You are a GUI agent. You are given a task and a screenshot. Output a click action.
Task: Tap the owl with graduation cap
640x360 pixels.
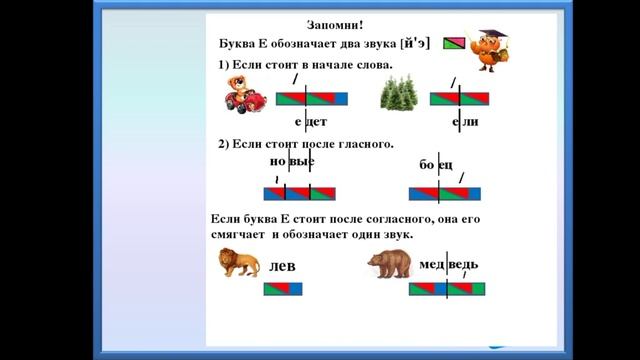point(491,50)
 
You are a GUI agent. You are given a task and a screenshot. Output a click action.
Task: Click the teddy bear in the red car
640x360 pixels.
point(244,93)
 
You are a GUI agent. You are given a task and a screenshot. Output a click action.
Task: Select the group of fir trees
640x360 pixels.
point(402,96)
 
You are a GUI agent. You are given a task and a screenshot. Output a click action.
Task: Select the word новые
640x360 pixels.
point(292,161)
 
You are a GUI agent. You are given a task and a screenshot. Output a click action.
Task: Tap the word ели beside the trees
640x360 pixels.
point(466,122)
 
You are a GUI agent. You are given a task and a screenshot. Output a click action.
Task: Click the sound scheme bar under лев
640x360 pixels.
point(282,289)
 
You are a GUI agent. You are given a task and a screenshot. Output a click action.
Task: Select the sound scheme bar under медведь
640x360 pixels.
point(447,289)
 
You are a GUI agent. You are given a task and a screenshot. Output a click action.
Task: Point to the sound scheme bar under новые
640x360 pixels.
point(299,194)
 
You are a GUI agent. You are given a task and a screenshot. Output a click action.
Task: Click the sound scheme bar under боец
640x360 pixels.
point(445,194)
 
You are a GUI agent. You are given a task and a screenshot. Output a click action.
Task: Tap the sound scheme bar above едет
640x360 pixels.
point(311,98)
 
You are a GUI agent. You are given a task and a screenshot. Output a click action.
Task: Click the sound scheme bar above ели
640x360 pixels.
point(460,98)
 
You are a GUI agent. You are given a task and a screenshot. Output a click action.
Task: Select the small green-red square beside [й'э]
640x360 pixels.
point(455,44)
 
